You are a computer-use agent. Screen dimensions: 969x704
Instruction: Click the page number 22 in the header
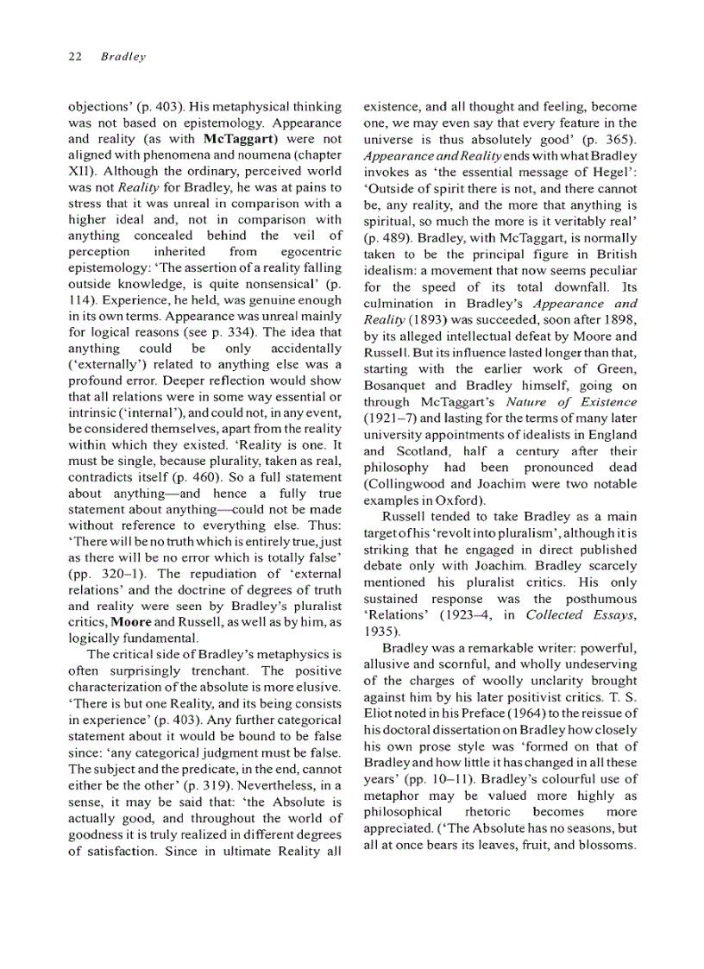click(74, 57)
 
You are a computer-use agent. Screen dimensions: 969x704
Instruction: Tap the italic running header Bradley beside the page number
click(123, 57)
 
